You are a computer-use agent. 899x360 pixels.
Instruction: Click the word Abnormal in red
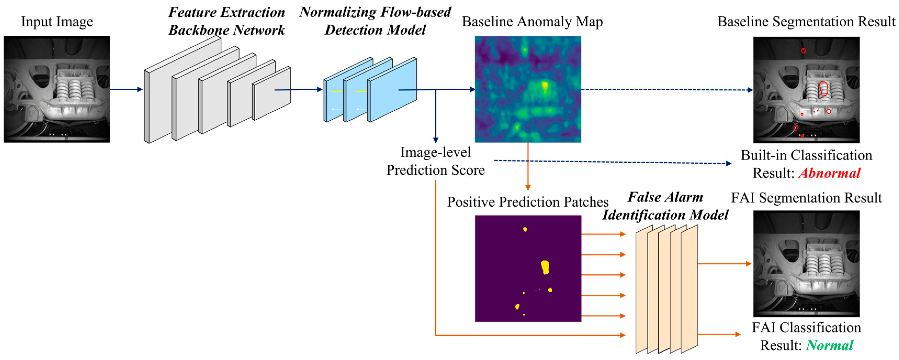829,173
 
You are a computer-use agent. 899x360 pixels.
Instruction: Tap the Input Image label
57,22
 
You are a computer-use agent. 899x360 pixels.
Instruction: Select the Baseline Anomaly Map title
532,22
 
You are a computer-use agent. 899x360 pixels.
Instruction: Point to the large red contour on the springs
824,89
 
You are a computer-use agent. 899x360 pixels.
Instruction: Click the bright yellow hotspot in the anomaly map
544,86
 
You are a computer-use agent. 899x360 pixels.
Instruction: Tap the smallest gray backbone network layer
272,93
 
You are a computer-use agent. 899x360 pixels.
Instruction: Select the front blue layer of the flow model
392,90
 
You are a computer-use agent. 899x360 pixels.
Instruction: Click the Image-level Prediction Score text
435,161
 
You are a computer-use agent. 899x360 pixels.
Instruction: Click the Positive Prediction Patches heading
528,202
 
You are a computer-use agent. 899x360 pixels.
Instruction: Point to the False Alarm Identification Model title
665,206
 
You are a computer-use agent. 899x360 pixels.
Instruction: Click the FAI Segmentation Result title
806,198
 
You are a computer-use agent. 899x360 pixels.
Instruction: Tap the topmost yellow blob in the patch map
525,229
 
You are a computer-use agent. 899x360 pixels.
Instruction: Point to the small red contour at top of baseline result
803,51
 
